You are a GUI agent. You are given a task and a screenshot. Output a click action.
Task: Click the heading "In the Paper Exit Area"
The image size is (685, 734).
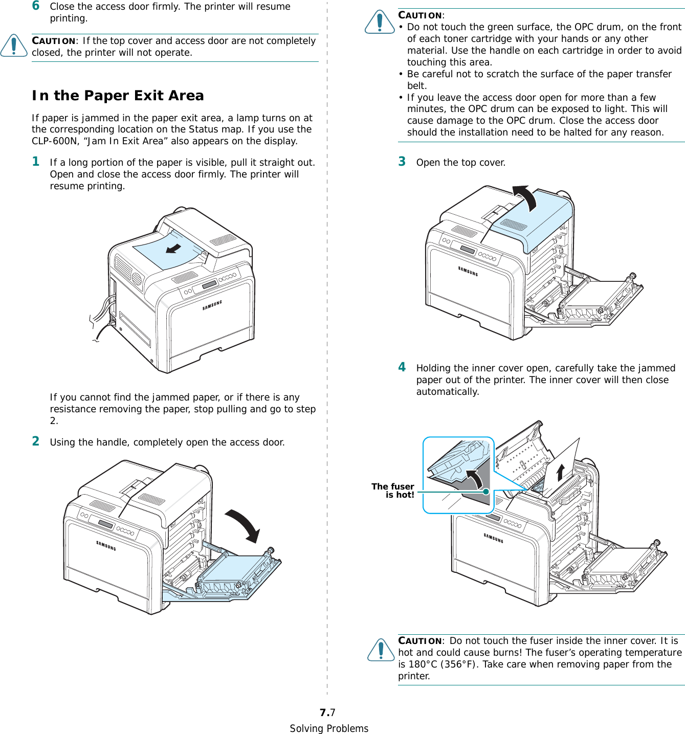point(118,96)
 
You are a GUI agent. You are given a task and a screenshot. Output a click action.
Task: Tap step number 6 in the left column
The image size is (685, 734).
point(36,6)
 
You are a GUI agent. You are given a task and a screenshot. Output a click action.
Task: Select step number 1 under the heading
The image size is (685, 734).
point(36,162)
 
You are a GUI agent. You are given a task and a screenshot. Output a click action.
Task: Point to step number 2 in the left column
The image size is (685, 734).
point(36,441)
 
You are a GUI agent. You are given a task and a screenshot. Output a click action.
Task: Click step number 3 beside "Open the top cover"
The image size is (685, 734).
point(402,162)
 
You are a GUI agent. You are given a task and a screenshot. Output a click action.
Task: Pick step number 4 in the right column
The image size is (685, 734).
point(402,367)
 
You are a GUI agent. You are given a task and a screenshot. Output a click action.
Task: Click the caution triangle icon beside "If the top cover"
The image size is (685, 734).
point(14,46)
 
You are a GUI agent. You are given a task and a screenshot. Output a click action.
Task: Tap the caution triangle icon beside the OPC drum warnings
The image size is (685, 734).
point(380,22)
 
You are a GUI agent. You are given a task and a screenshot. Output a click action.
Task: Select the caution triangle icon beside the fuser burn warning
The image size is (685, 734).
point(381,650)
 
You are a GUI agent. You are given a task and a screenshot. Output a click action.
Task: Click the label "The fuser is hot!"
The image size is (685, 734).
point(393,491)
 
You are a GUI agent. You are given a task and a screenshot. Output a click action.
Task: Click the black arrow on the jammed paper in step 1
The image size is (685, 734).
point(173,249)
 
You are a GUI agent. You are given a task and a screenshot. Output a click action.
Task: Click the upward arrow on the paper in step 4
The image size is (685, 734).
point(561,472)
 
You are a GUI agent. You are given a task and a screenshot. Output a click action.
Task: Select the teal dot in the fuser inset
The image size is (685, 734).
point(486,492)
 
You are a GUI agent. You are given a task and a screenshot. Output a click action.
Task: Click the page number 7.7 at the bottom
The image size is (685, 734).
point(327,713)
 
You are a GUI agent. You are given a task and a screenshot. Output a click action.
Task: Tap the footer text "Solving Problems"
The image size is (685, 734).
point(329,728)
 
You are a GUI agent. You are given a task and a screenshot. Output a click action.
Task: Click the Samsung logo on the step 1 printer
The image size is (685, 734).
point(212,305)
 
